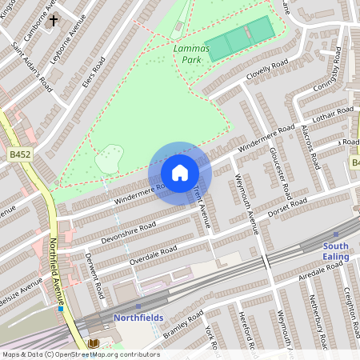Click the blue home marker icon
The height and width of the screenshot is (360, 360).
click(180, 172)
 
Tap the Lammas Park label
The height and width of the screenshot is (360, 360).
click(191, 54)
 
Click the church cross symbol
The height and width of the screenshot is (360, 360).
click(54, 22)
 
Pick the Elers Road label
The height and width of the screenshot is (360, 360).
click(93, 70)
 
